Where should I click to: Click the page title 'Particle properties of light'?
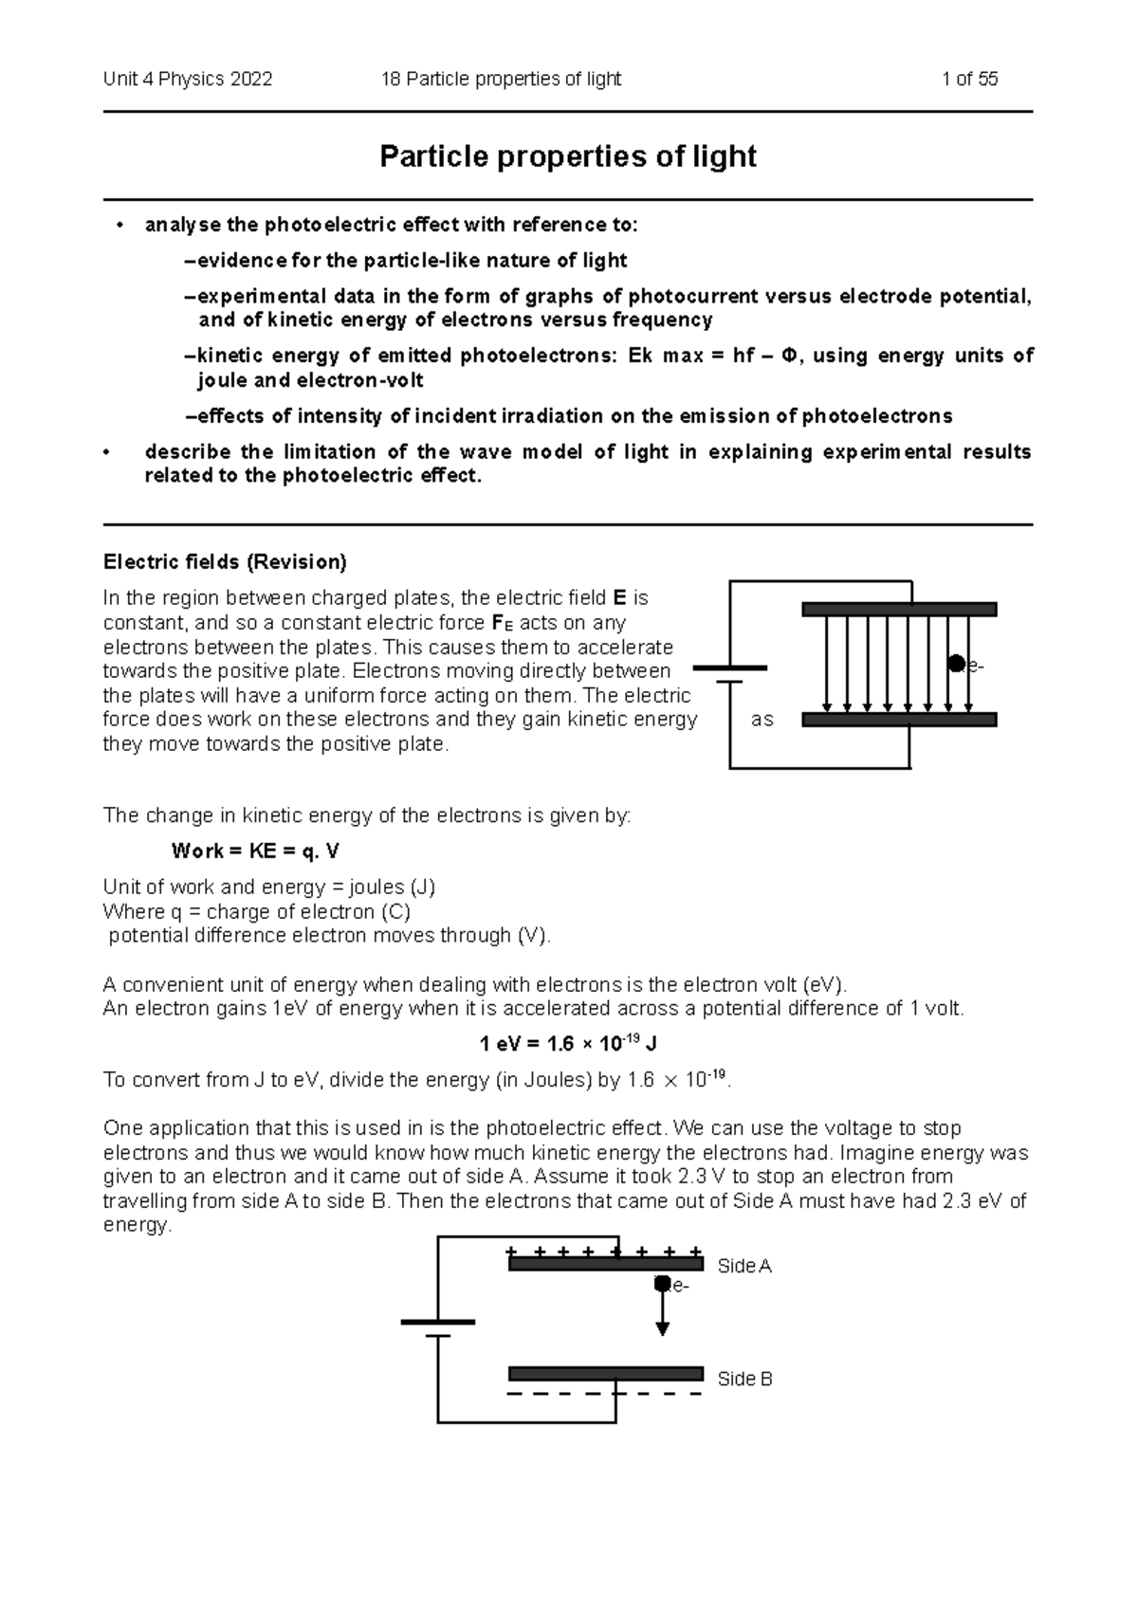[567, 156]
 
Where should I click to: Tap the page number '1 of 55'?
[969, 80]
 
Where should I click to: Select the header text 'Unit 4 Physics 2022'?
[188, 80]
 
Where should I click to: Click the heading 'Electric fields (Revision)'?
[225, 562]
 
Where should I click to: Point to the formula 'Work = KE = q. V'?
[254, 851]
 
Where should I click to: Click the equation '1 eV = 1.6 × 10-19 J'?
[568, 1044]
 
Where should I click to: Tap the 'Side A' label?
[744, 1266]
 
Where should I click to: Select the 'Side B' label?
[744, 1379]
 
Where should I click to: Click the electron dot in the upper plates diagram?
[957, 663]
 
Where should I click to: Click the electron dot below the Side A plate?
[662, 1284]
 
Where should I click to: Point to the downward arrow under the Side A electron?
[663, 1318]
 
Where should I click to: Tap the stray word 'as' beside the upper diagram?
[762, 720]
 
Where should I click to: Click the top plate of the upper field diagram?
[898, 610]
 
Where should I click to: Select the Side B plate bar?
[605, 1374]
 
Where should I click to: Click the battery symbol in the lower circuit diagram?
[437, 1328]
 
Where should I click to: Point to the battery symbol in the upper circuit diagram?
[729, 674]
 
